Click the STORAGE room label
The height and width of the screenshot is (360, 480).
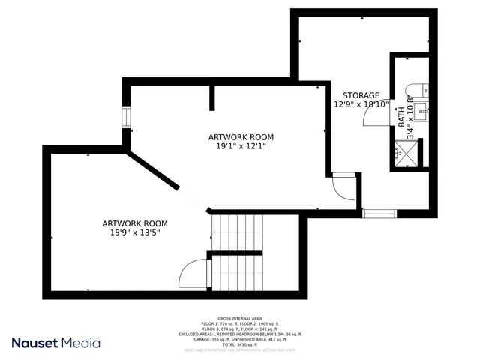coord(361,95)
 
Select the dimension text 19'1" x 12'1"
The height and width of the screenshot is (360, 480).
coord(241,147)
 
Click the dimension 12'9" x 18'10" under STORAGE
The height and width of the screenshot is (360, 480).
coord(361,105)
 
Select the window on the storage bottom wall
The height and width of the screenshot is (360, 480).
coord(379,214)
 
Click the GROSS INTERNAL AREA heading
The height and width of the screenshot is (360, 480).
coord(239,319)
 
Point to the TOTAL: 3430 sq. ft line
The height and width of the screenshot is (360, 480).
coord(239,344)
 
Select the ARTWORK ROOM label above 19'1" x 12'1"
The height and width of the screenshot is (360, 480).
coord(241,137)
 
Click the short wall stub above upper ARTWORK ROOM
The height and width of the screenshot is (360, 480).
coord(213,98)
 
